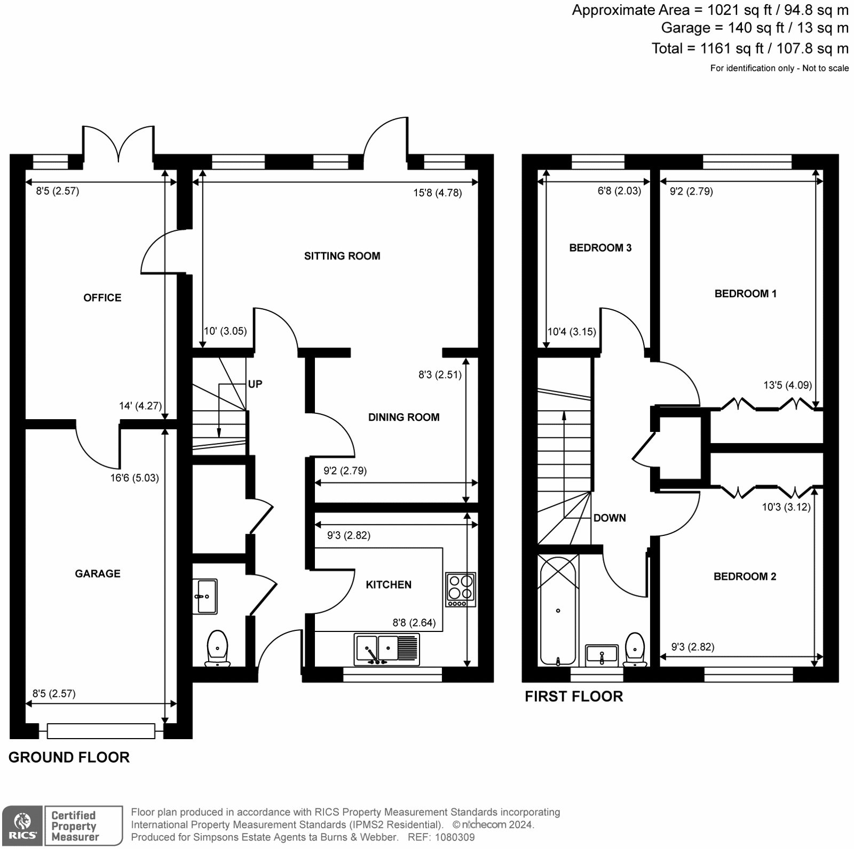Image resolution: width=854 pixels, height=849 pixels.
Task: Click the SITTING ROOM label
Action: [x=342, y=256]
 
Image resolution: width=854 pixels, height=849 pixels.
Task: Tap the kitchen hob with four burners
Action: [x=460, y=589]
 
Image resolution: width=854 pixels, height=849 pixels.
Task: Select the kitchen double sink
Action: [x=386, y=648]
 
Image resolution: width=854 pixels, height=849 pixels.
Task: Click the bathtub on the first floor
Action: [x=558, y=610]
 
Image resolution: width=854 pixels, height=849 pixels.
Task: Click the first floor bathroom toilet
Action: [x=635, y=649]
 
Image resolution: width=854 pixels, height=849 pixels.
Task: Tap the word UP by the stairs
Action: [x=255, y=384]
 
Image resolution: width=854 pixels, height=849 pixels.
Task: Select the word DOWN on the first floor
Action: [x=610, y=518]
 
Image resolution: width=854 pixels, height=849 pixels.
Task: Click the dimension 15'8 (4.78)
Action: [x=437, y=193]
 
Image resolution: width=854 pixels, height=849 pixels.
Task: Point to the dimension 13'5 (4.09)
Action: [x=787, y=385]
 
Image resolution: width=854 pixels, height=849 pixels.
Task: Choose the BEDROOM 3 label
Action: [x=600, y=248]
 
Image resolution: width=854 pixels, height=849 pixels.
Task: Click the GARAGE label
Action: [x=98, y=574]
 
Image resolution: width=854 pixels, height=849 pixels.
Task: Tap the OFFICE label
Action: [x=102, y=298]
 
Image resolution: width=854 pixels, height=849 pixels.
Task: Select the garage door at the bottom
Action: [x=101, y=731]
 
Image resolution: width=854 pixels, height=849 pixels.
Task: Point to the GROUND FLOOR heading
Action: [x=69, y=757]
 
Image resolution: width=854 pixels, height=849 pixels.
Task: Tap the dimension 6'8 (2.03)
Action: [x=619, y=191]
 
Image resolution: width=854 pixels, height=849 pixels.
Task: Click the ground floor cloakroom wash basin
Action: [x=205, y=596]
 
